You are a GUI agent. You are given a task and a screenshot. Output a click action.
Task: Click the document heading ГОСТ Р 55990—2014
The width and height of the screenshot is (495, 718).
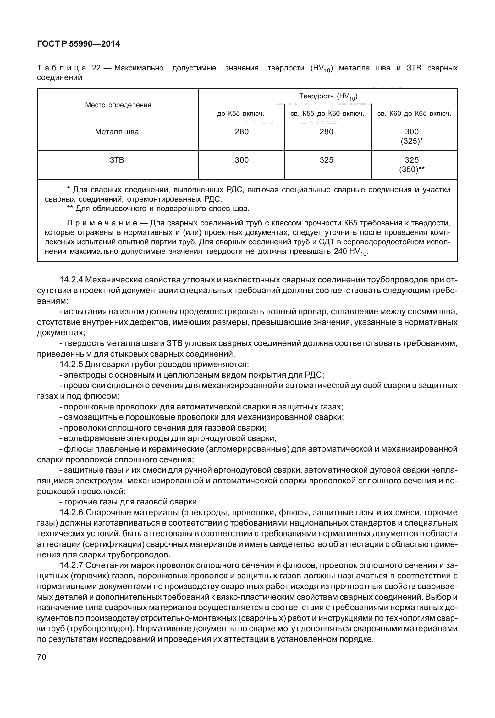(x=78, y=44)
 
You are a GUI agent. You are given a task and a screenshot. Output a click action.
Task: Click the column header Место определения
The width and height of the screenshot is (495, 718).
(x=118, y=105)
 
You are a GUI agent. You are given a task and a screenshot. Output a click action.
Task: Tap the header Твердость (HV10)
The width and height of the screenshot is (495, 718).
(x=328, y=97)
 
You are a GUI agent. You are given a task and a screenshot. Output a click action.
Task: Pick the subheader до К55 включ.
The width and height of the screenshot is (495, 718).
(x=241, y=114)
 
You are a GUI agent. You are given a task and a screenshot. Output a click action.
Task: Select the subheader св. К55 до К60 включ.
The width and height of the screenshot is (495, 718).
(x=327, y=114)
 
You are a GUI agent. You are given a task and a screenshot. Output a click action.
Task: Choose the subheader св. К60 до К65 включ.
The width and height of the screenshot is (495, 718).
(x=414, y=114)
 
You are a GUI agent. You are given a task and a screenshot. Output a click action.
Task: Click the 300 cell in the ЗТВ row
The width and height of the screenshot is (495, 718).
(x=242, y=160)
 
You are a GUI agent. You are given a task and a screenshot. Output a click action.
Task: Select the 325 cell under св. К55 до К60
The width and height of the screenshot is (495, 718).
(x=327, y=160)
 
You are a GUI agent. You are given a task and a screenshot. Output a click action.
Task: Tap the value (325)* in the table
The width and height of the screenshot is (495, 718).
(x=412, y=141)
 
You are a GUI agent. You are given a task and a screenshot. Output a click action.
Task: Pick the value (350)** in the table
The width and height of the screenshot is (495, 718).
(x=412, y=170)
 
